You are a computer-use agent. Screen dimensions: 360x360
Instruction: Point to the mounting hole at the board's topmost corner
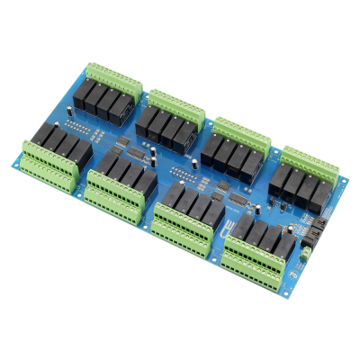click(98, 66)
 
